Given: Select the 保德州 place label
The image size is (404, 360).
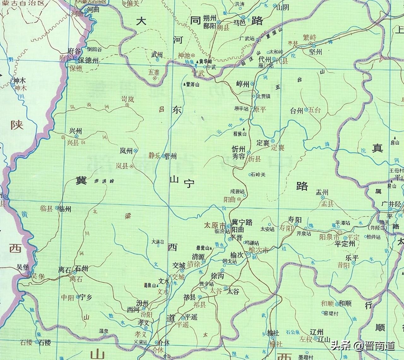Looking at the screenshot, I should [89, 61].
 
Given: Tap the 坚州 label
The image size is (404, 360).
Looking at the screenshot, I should [315, 52].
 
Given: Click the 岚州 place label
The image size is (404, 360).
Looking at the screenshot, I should [126, 151].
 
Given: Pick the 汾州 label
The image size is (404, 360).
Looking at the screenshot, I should [142, 303].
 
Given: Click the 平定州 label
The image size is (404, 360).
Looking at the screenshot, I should [345, 244].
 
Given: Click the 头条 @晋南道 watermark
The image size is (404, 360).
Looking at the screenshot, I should [363, 346].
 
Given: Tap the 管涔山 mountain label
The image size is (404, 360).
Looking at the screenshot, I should [193, 84].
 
